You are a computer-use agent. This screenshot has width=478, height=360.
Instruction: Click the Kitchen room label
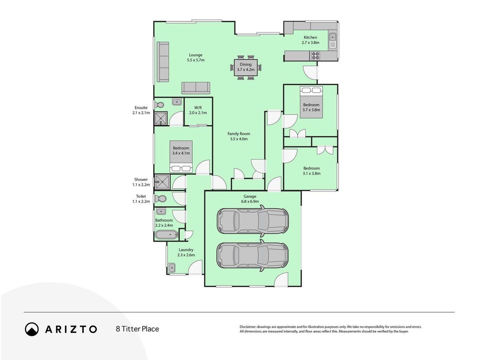click(310, 37)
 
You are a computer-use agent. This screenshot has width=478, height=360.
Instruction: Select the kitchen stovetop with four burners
click(315, 55)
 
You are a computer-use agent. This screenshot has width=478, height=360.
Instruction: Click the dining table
click(246, 67)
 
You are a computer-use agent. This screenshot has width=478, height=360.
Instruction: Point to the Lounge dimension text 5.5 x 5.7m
click(196, 60)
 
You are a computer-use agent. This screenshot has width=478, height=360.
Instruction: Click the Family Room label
click(239, 134)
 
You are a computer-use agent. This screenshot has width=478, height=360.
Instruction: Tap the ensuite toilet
click(159, 105)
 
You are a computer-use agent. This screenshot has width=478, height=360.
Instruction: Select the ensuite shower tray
click(161, 119)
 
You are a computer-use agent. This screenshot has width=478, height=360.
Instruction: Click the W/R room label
click(198, 108)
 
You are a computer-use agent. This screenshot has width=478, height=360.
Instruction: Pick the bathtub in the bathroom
click(166, 235)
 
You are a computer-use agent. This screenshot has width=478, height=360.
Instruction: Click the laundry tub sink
click(172, 268)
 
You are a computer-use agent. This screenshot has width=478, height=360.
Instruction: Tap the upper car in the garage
click(252, 221)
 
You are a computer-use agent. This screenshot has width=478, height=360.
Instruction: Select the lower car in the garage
click(252, 255)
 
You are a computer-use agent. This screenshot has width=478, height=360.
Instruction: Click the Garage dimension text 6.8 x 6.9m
click(250, 201)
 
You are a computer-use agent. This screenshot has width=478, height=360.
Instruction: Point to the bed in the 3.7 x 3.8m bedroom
click(311, 102)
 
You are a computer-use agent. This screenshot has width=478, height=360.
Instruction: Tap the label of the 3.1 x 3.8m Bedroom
click(312, 168)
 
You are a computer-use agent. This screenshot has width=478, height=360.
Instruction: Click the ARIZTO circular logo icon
click(32, 329)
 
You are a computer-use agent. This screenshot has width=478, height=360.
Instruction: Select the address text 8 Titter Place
click(138, 329)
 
